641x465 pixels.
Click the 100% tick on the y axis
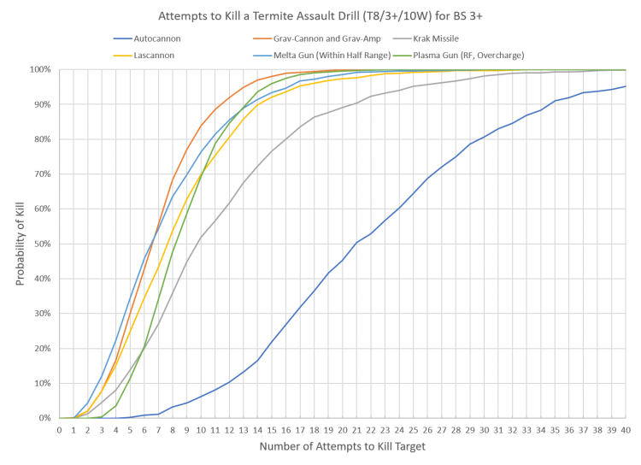click(42, 69)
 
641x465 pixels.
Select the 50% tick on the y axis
click(44, 244)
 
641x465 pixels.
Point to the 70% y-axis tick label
click(44, 174)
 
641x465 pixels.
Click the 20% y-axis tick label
click(44, 349)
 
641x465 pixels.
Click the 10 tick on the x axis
click(202, 429)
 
